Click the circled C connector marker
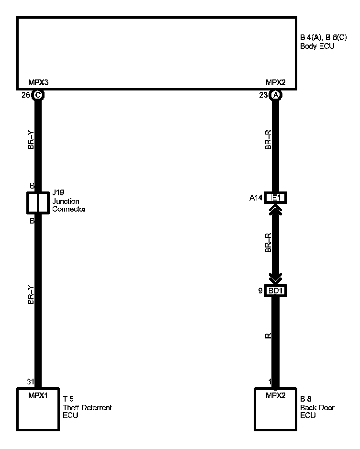coord(38,95)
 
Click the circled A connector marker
coord(275,95)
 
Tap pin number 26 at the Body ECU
coord(26,95)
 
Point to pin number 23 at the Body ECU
coord(264,95)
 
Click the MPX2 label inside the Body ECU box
coord(275,82)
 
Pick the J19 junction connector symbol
coord(38,203)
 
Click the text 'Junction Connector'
coord(69,205)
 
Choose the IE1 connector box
coord(275,198)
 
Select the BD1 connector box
coord(275,291)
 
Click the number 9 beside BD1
coord(260,291)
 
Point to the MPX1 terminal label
coord(38,395)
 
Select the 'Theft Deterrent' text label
coord(87,408)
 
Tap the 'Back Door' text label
coord(317,408)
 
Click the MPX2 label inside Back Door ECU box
coord(275,395)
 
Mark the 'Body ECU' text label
coord(316,46)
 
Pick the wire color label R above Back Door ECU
coord(268,336)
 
